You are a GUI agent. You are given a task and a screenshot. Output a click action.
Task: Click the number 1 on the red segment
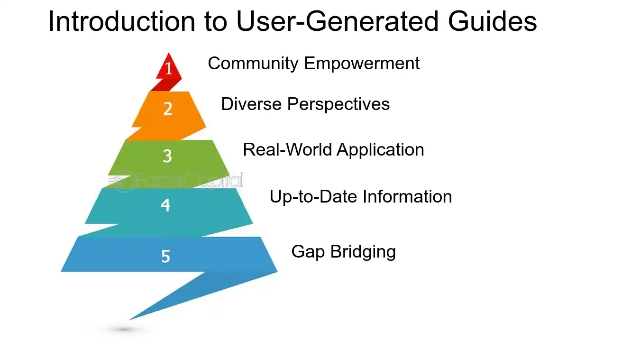coord(168,69)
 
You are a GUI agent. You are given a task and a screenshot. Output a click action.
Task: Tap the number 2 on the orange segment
coord(168,109)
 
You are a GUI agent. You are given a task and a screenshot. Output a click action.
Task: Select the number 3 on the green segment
coord(167,156)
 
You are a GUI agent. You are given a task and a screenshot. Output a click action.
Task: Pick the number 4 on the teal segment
coord(165,205)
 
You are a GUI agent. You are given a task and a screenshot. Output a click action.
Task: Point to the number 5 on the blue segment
coord(165,257)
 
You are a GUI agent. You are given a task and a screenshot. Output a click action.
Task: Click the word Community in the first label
coord(253,64)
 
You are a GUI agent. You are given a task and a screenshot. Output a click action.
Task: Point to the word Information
coord(408,196)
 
